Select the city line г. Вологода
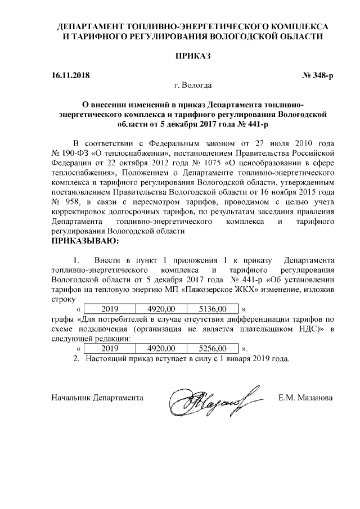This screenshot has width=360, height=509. (x=193, y=86)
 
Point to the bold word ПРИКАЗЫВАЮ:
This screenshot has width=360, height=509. (x=85, y=241)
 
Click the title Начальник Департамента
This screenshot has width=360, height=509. (x=97, y=398)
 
